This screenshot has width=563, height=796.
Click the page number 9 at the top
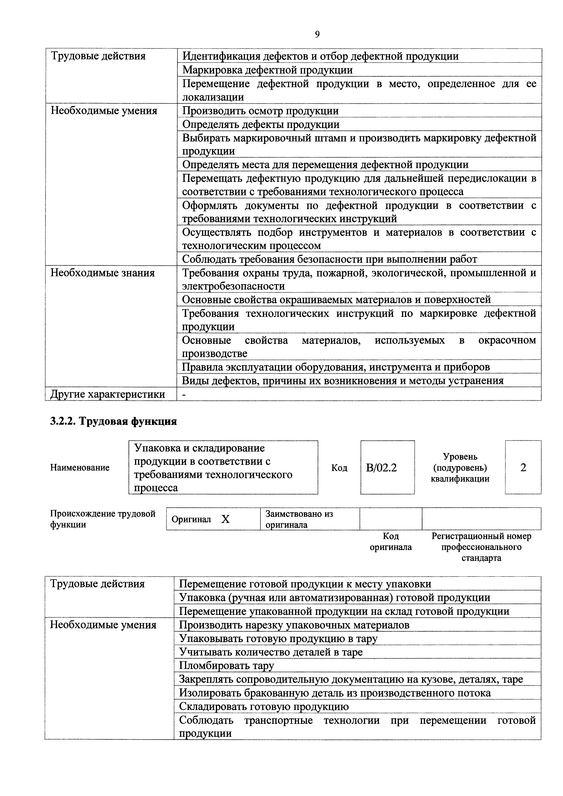[x=317, y=34]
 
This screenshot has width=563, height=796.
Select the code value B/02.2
[x=381, y=468]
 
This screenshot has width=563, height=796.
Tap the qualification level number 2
[x=523, y=468]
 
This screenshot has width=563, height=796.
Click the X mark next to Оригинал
[x=225, y=519]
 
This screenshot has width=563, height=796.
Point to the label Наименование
[x=80, y=468]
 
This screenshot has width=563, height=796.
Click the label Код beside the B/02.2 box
[x=339, y=468]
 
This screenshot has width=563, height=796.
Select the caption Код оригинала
[x=391, y=542]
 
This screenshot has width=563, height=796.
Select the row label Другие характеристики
[x=107, y=394]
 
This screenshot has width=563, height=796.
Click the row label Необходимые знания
[x=103, y=273]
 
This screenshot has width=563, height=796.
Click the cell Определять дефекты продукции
[x=261, y=124]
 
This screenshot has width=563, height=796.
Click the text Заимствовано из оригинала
[x=299, y=519]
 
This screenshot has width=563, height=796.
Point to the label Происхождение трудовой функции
[x=103, y=519]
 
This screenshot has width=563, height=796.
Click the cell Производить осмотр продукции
[x=260, y=111]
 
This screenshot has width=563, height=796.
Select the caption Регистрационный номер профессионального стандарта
[x=481, y=547]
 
